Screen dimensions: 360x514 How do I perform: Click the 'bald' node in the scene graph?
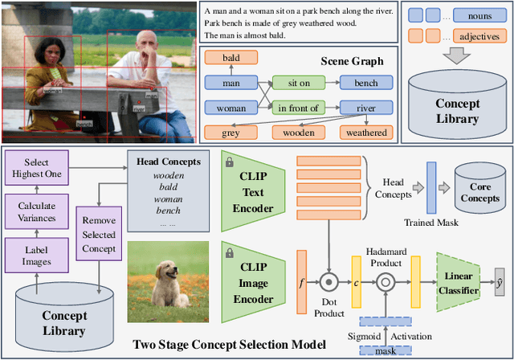[230, 58]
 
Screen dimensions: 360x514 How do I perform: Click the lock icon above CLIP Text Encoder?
[230, 162]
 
